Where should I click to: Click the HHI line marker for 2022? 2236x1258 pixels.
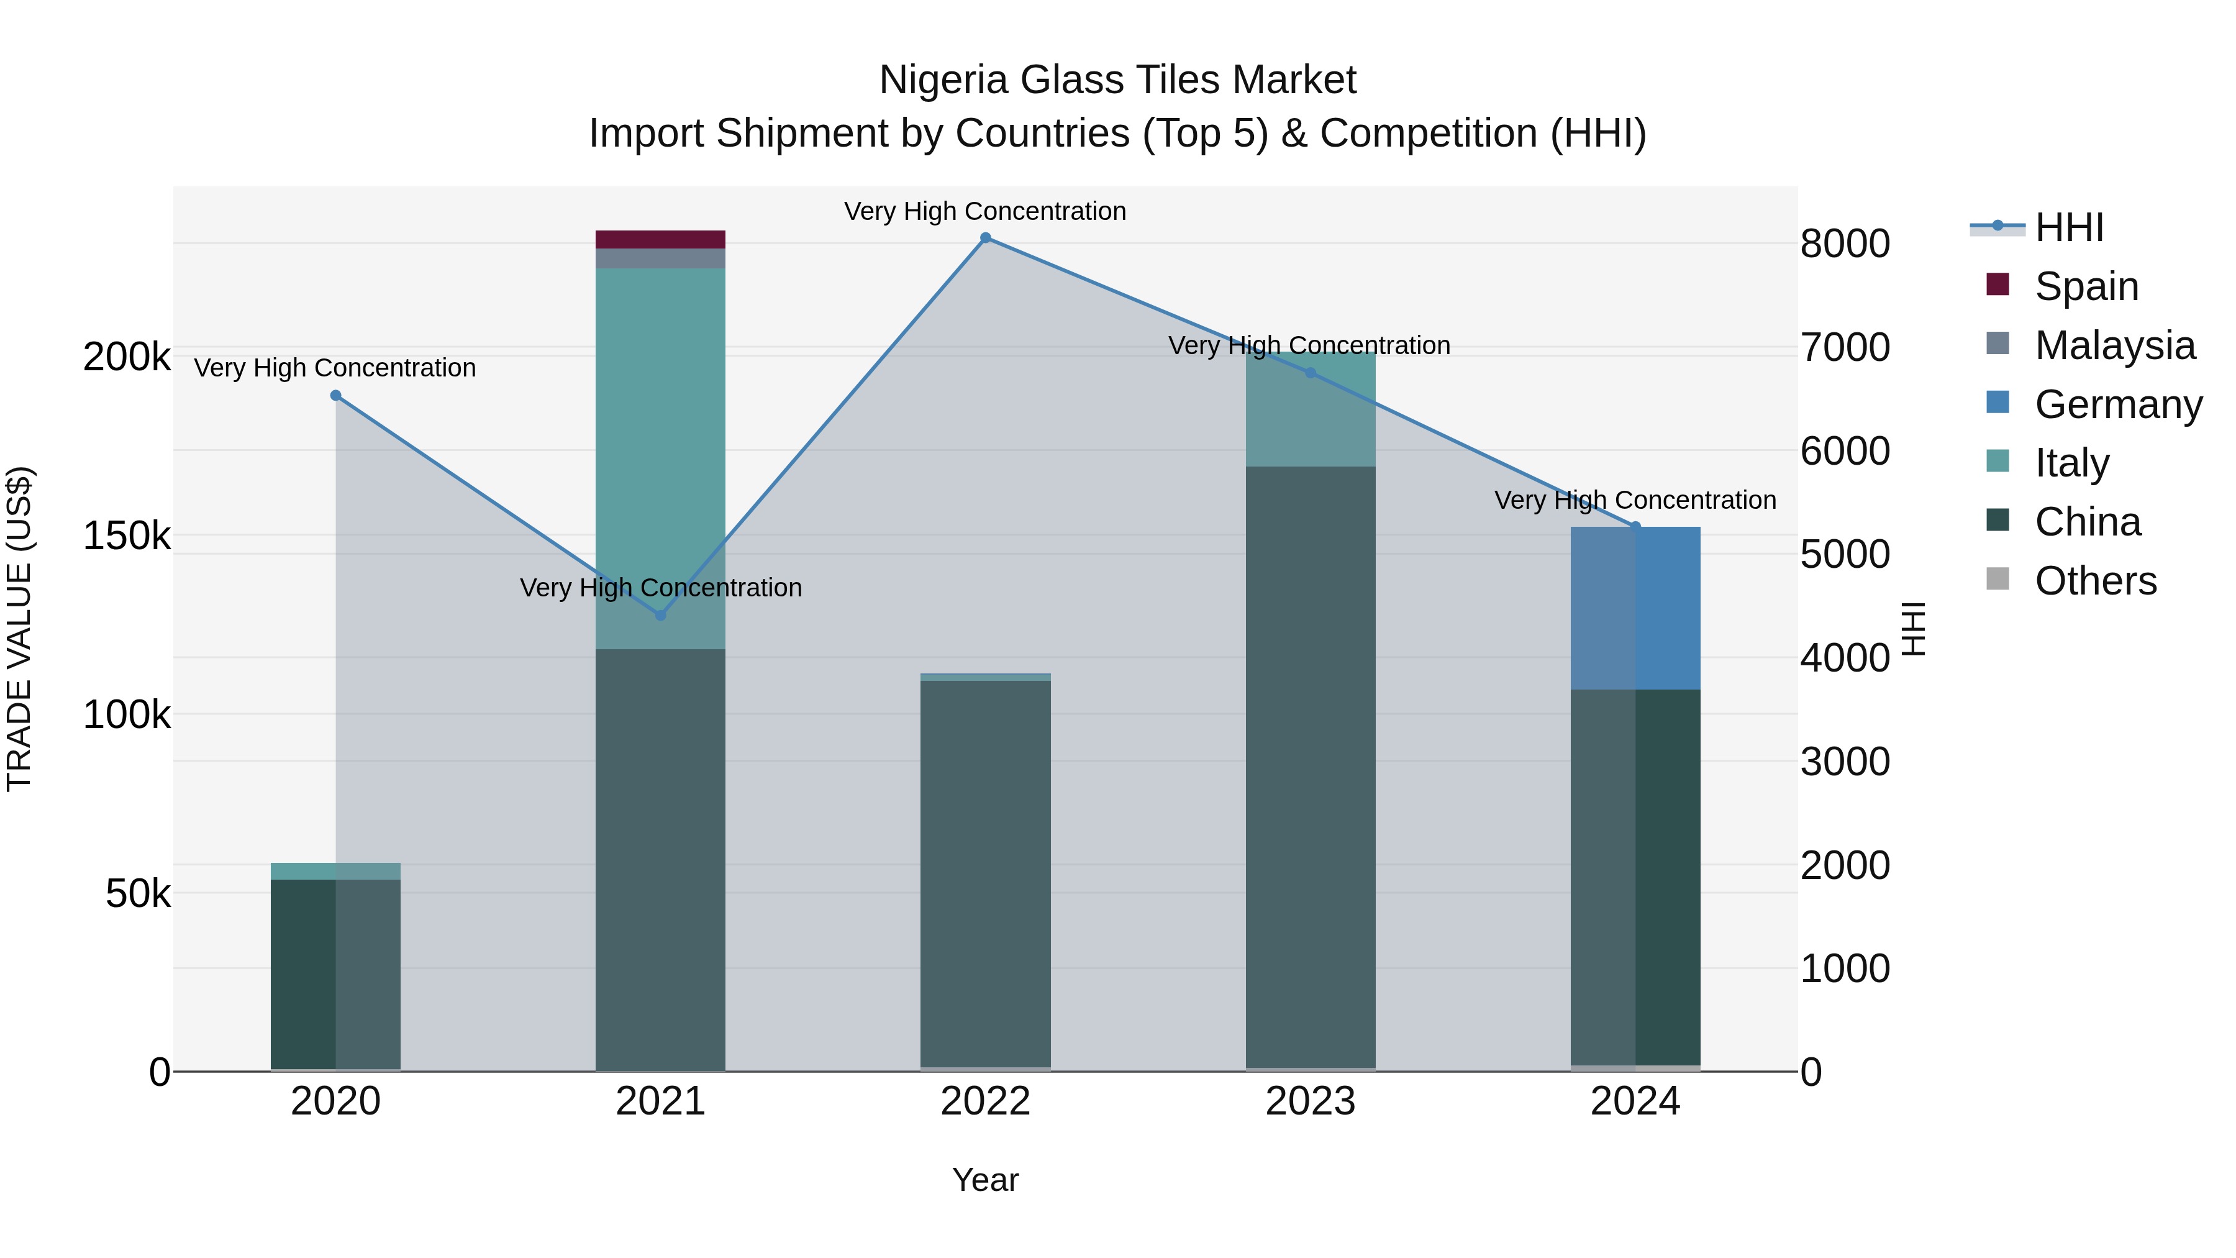pyautogui.click(x=985, y=238)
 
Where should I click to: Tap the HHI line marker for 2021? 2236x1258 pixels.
pyautogui.click(x=661, y=614)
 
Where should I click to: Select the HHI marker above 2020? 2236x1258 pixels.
pyautogui.click(x=336, y=396)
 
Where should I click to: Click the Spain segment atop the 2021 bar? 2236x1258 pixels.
pyautogui.click(x=661, y=240)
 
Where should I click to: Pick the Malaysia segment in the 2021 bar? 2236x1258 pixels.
pyautogui.click(x=661, y=258)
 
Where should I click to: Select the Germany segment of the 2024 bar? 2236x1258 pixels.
pyautogui.click(x=1635, y=608)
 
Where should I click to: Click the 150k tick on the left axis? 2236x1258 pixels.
pyautogui.click(x=127, y=537)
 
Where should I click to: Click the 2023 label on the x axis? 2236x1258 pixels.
pyautogui.click(x=1310, y=1101)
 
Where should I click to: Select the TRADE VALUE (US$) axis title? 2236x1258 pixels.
pyautogui.click(x=19, y=629)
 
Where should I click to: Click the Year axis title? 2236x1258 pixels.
pyautogui.click(x=985, y=1180)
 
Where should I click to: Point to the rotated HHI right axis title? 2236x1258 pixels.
pyautogui.click(x=1913, y=629)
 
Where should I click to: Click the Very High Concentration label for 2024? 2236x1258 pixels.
pyautogui.click(x=1635, y=500)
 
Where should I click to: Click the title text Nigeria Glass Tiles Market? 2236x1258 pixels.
pyautogui.click(x=1117, y=81)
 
